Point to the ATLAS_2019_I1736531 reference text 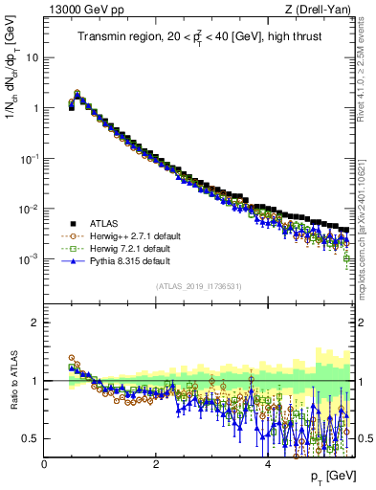pos(199,285)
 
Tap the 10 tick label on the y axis pos(32,56)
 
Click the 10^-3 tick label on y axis pos(29,259)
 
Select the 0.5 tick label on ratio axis pos(30,438)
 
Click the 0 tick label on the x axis pos(45,463)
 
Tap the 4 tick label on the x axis pos(268,463)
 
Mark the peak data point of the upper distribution pos(77,95)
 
